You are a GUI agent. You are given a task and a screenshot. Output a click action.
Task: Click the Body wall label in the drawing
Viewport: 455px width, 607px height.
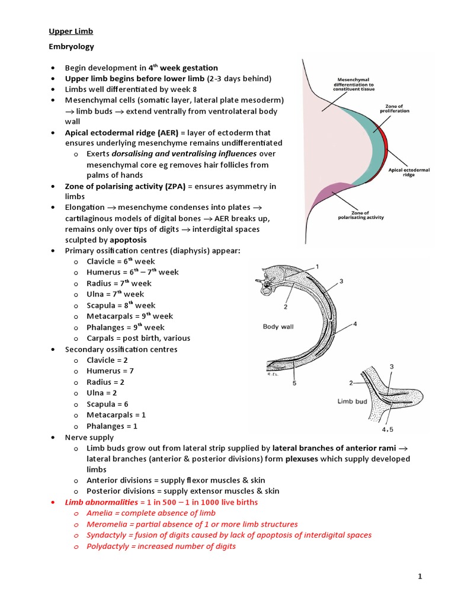278,326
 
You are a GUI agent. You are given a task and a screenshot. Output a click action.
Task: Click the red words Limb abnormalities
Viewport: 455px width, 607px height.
98,502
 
